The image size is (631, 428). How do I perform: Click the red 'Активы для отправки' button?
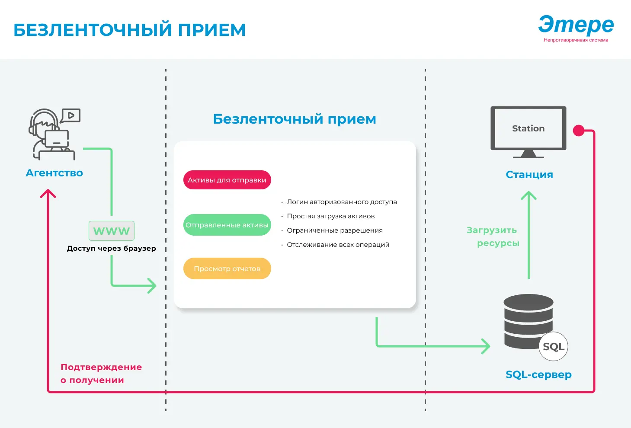pyautogui.click(x=227, y=180)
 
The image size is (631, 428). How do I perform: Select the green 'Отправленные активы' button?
pyautogui.click(x=227, y=225)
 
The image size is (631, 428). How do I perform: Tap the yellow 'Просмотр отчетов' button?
pyautogui.click(x=227, y=268)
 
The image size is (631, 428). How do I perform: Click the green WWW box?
pyautogui.click(x=112, y=231)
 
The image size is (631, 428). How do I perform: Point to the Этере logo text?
pyautogui.click(x=576, y=25)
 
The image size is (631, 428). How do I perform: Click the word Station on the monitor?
pyautogui.click(x=528, y=128)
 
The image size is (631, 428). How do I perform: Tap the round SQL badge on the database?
pyautogui.click(x=553, y=346)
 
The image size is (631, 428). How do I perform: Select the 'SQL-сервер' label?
pyautogui.click(x=538, y=374)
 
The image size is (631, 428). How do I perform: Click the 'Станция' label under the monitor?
pyautogui.click(x=529, y=175)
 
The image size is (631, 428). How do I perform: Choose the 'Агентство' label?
pyautogui.click(x=54, y=173)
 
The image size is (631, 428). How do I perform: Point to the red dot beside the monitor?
pyautogui.click(x=578, y=131)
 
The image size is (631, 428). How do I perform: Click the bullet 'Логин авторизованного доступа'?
pyautogui.click(x=341, y=202)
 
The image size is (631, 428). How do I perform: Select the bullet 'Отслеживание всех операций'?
pyautogui.click(x=338, y=245)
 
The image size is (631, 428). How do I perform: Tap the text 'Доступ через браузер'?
pyautogui.click(x=111, y=249)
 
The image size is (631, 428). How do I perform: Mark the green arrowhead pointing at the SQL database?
pyautogui.click(x=487, y=346)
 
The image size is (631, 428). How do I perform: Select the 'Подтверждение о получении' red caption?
pyautogui.click(x=101, y=374)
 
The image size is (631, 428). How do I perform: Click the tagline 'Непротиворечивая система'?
pyautogui.click(x=576, y=40)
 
